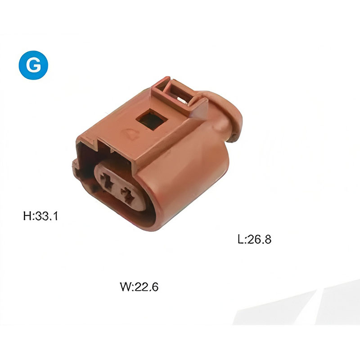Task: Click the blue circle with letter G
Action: click(33, 65)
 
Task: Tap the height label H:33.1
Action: click(40, 216)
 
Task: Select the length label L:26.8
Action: click(254, 239)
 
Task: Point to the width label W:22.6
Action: click(139, 287)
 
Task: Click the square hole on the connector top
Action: click(152, 120)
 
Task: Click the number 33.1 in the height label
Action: click(46, 216)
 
